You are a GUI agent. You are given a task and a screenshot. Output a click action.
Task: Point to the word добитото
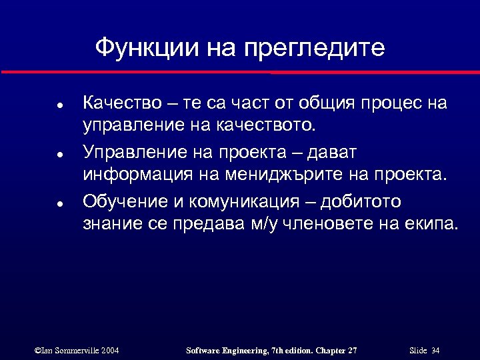[363, 202]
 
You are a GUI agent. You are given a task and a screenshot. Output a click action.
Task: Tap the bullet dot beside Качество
[60, 105]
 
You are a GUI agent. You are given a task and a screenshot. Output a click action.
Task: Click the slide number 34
[436, 350]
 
